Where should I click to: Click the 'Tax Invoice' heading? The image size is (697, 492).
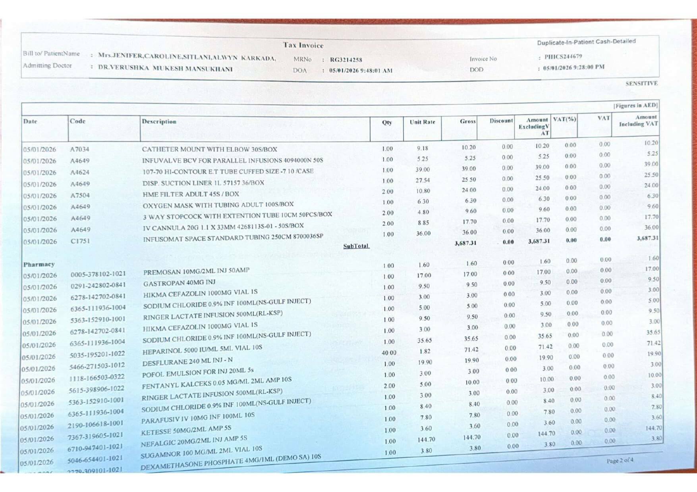[x=303, y=45]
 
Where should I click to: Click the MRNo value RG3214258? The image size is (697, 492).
[x=346, y=60]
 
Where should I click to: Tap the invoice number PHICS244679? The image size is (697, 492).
[x=563, y=57]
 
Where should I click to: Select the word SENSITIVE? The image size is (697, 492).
[x=641, y=83]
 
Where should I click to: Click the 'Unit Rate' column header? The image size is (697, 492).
[x=422, y=122]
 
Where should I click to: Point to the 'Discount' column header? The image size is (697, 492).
[x=501, y=121]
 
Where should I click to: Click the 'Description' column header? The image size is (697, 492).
[x=159, y=121]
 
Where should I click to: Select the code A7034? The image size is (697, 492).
[x=79, y=149]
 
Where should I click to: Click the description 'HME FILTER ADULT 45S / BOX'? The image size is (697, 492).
[x=191, y=194]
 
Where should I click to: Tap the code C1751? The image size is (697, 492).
[x=80, y=241]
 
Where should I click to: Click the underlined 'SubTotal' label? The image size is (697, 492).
[x=356, y=246]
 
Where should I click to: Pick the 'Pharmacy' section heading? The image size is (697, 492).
[x=39, y=264]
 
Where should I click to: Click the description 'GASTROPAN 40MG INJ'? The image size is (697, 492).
[x=179, y=283]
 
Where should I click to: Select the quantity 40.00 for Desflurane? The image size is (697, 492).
[x=389, y=353]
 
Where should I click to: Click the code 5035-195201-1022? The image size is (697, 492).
[x=97, y=354]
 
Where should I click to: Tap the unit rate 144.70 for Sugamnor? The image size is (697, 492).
[x=426, y=440]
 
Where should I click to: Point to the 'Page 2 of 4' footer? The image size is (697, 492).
[x=620, y=461]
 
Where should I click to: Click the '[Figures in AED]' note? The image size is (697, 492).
[x=635, y=106]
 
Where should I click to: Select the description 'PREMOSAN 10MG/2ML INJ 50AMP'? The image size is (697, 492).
[x=196, y=271]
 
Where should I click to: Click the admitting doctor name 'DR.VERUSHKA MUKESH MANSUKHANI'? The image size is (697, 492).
[x=165, y=68]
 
